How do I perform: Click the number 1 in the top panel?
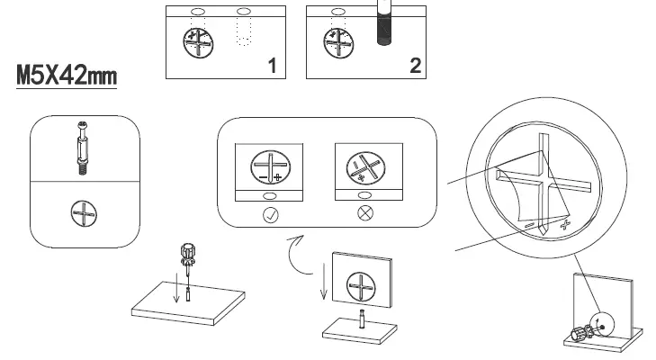point(272,64)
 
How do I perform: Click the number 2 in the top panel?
point(414,64)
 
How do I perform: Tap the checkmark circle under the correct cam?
point(268,215)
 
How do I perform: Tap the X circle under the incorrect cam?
point(366,215)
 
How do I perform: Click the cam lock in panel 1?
point(199,42)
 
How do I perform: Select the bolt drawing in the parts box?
point(84,147)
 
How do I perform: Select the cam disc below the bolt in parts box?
point(84,213)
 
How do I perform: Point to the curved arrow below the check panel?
point(294,254)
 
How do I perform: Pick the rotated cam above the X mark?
point(366,167)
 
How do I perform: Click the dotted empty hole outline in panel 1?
point(242,34)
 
